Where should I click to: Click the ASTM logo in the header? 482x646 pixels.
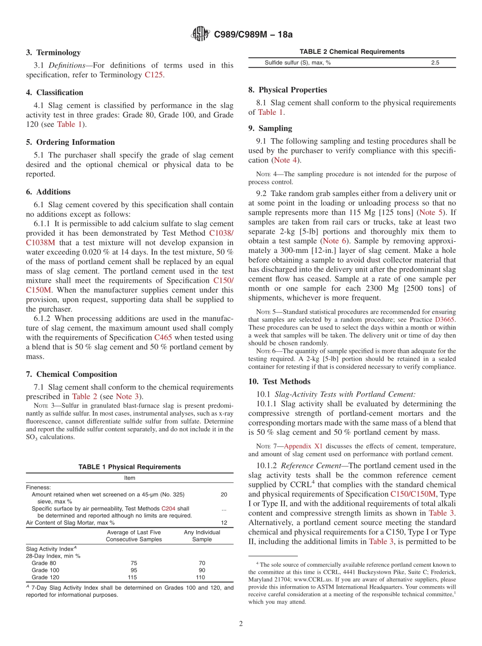[x=200, y=34]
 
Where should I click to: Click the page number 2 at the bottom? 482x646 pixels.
[x=241, y=624]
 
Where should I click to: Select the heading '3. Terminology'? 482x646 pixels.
[x=53, y=52]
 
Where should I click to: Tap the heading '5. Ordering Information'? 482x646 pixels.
[x=71, y=142]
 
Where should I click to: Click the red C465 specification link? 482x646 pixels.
[x=163, y=338]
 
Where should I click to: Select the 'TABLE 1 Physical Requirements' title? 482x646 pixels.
[x=129, y=467]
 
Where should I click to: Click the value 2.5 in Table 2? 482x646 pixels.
[x=435, y=62]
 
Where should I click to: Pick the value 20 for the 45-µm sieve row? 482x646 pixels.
[x=224, y=494]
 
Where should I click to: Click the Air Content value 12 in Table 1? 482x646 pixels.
[x=224, y=522]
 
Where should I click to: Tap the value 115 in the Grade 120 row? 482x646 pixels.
[x=132, y=577]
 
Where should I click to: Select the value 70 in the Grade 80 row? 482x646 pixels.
[x=200, y=563]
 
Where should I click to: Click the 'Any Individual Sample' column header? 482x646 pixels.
[x=201, y=536]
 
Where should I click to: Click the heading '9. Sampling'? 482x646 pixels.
[x=270, y=128]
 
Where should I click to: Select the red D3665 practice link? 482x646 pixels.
[x=445, y=319]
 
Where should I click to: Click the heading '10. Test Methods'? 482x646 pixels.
[x=280, y=381]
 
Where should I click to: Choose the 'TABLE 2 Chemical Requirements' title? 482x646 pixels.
[x=352, y=52]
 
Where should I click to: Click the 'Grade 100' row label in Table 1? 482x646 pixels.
[x=46, y=570]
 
